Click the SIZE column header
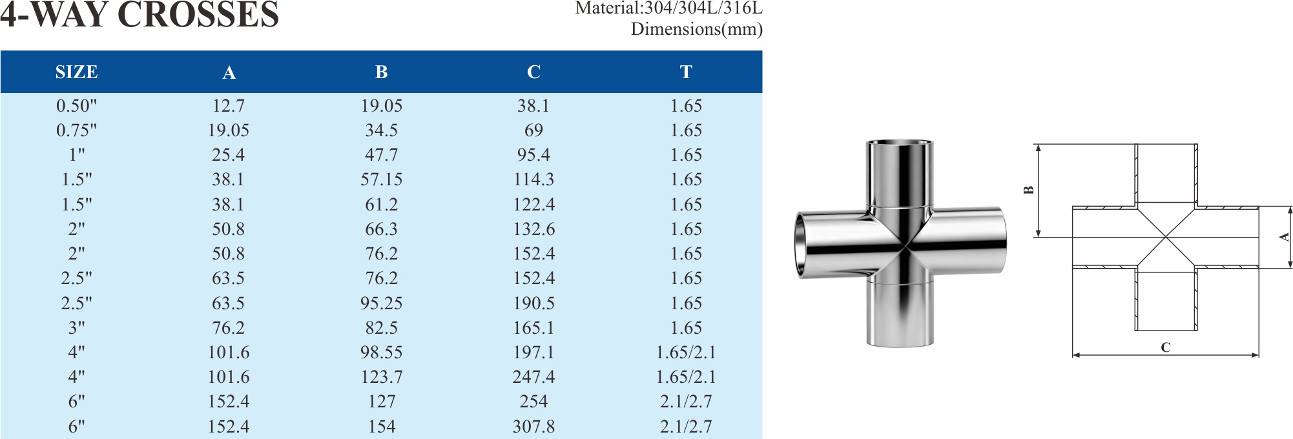[x=76, y=72]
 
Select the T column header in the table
[x=686, y=72]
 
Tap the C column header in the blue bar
[x=533, y=72]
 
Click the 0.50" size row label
[x=76, y=105]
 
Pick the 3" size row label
[x=76, y=327]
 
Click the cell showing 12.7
[x=229, y=105]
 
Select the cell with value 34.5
[x=381, y=130]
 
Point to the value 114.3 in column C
[x=533, y=179]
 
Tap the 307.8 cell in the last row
[x=533, y=426]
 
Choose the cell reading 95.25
[x=381, y=303]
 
